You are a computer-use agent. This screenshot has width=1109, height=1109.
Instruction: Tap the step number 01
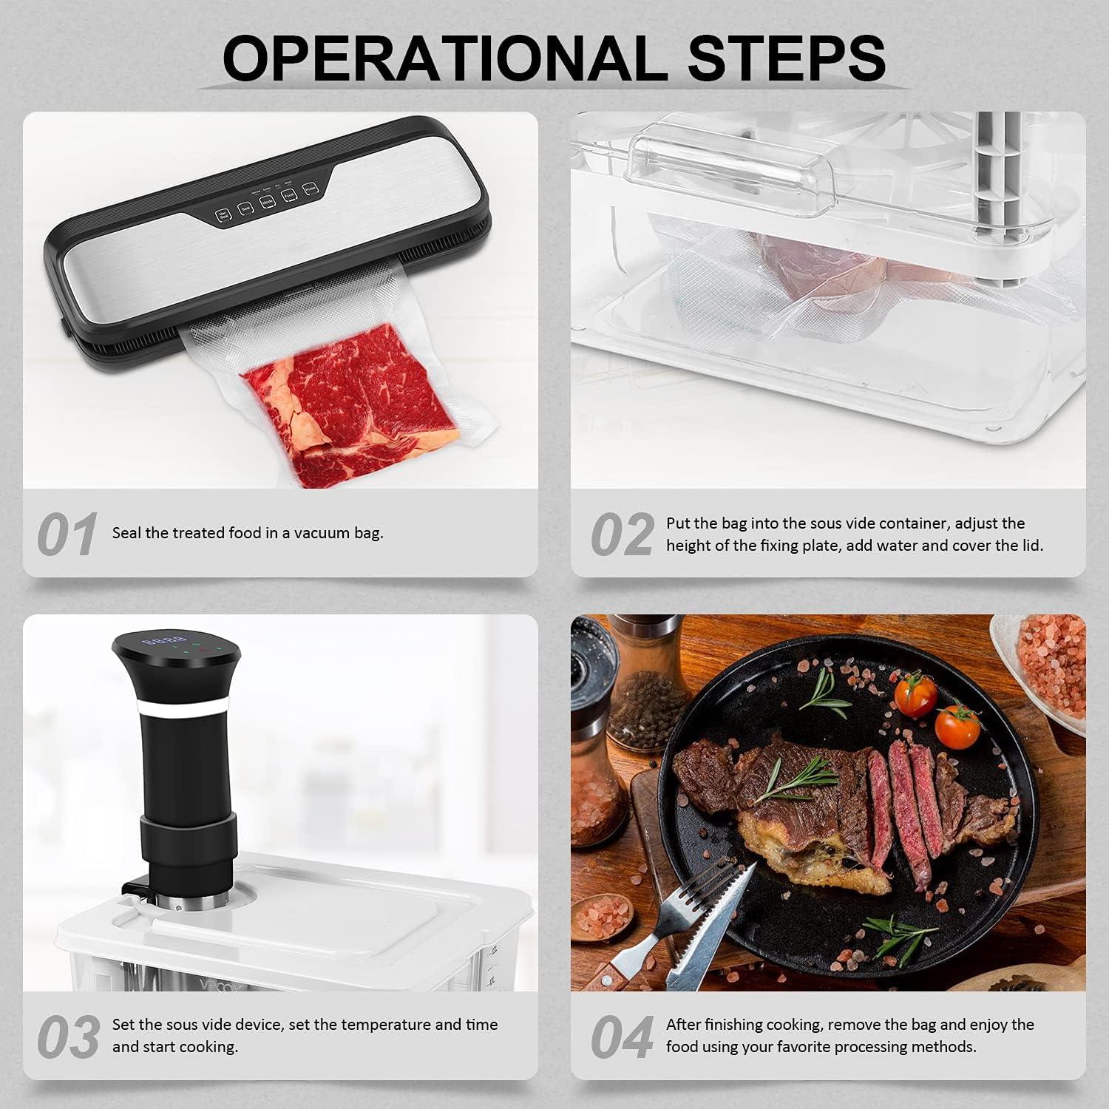tap(67, 535)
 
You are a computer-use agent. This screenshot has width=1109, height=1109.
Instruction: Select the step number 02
tap(621, 535)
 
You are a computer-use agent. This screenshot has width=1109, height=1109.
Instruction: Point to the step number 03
tap(68, 1037)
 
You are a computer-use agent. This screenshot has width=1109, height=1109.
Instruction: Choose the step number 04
tap(621, 1037)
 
